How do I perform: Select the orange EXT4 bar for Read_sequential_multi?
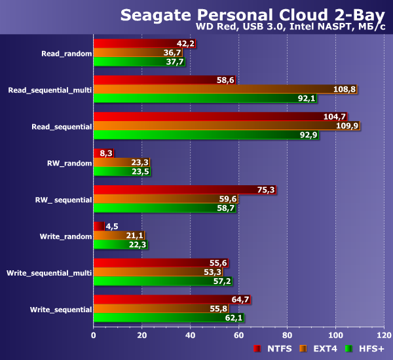[x=225, y=90]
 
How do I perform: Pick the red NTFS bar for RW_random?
[x=98, y=153]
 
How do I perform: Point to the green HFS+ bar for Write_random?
[x=120, y=245]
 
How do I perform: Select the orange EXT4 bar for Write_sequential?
[x=160, y=308]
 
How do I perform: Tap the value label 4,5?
[x=111, y=226]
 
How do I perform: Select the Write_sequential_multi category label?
[x=49, y=272]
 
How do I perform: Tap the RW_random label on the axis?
[x=69, y=163]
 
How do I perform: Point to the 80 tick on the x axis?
[x=287, y=336]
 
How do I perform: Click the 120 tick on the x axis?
[x=384, y=336]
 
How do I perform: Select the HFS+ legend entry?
[x=367, y=349]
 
